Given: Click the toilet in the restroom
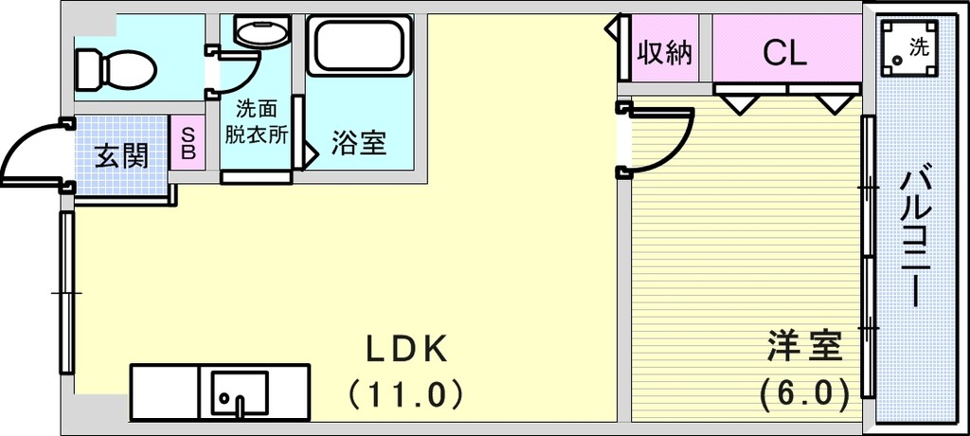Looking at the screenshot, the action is [116, 69].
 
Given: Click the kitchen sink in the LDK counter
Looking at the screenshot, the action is [240, 393].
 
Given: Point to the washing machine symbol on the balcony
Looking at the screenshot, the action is [908, 47].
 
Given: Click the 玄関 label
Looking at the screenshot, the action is [122, 156].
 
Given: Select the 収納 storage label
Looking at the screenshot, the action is [665, 53].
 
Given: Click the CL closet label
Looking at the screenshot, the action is [784, 54].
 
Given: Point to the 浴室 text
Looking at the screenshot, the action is [359, 143].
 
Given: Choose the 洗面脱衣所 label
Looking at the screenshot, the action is [256, 122].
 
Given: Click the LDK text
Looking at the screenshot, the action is [405, 351].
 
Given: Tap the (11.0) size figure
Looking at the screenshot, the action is [405, 393].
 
